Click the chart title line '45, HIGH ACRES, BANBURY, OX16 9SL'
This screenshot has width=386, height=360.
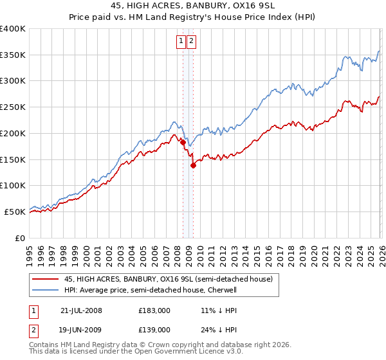(x=193, y=6)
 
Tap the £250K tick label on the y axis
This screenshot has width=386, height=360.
(x=13, y=107)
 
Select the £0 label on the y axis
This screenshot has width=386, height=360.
(x=21, y=238)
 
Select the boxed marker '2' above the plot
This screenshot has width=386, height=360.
(x=192, y=42)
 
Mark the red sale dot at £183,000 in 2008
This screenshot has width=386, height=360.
(x=183, y=142)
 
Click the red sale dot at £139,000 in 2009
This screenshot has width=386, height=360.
(x=193, y=165)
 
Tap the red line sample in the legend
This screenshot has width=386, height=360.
(x=45, y=279)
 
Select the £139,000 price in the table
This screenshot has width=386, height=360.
(x=154, y=329)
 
